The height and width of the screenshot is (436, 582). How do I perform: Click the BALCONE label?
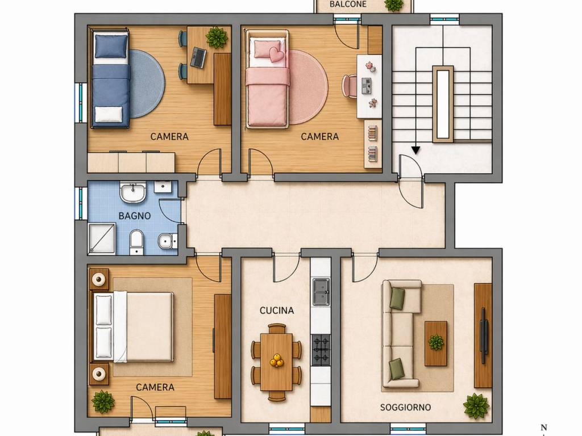click(348, 5)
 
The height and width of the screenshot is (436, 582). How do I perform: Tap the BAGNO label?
click(135, 216)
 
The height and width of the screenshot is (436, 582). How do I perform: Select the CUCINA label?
click(277, 311)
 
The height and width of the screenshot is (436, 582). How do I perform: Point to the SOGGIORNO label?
click(405, 407)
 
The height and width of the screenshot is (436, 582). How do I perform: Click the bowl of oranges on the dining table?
click(277, 360)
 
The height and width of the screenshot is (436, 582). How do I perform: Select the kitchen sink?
click(321, 291)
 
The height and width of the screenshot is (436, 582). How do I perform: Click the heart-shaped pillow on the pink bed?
click(276, 54)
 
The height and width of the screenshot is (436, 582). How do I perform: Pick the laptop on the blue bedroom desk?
click(198, 57)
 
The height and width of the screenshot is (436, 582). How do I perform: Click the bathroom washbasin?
click(133, 192)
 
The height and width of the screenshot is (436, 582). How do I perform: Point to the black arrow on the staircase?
click(416, 150)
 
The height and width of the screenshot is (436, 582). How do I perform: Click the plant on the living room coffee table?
click(436, 342)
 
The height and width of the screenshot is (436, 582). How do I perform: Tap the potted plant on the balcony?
click(393, 5)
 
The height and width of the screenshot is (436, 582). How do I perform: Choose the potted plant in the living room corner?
click(476, 405)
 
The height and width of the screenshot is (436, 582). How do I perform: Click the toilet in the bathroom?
click(136, 242)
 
